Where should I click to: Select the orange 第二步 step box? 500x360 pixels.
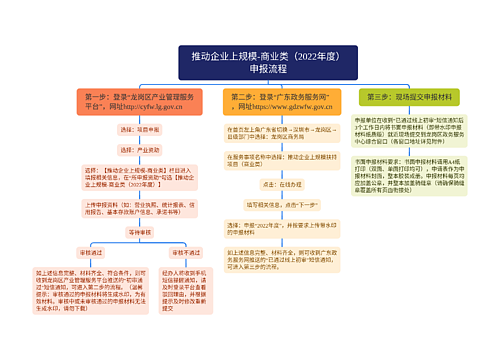click(281, 101)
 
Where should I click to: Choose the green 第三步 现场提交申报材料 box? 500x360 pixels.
click(410, 96)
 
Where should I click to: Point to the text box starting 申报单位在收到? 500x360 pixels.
click(410, 133)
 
